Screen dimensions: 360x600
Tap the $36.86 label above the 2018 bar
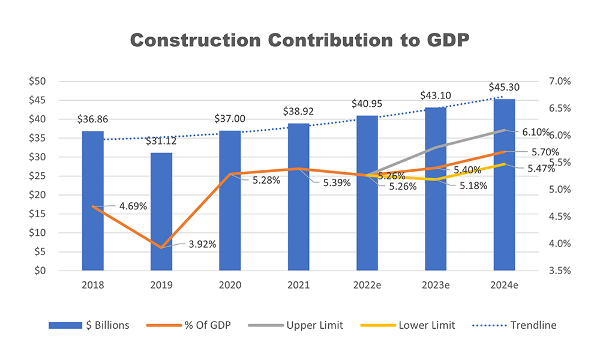pyautogui.click(x=92, y=119)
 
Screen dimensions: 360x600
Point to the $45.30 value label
pyautogui.click(x=504, y=87)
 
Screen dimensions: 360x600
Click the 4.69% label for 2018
pyautogui.click(x=133, y=206)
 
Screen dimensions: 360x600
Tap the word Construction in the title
pyautogui.click(x=194, y=40)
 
